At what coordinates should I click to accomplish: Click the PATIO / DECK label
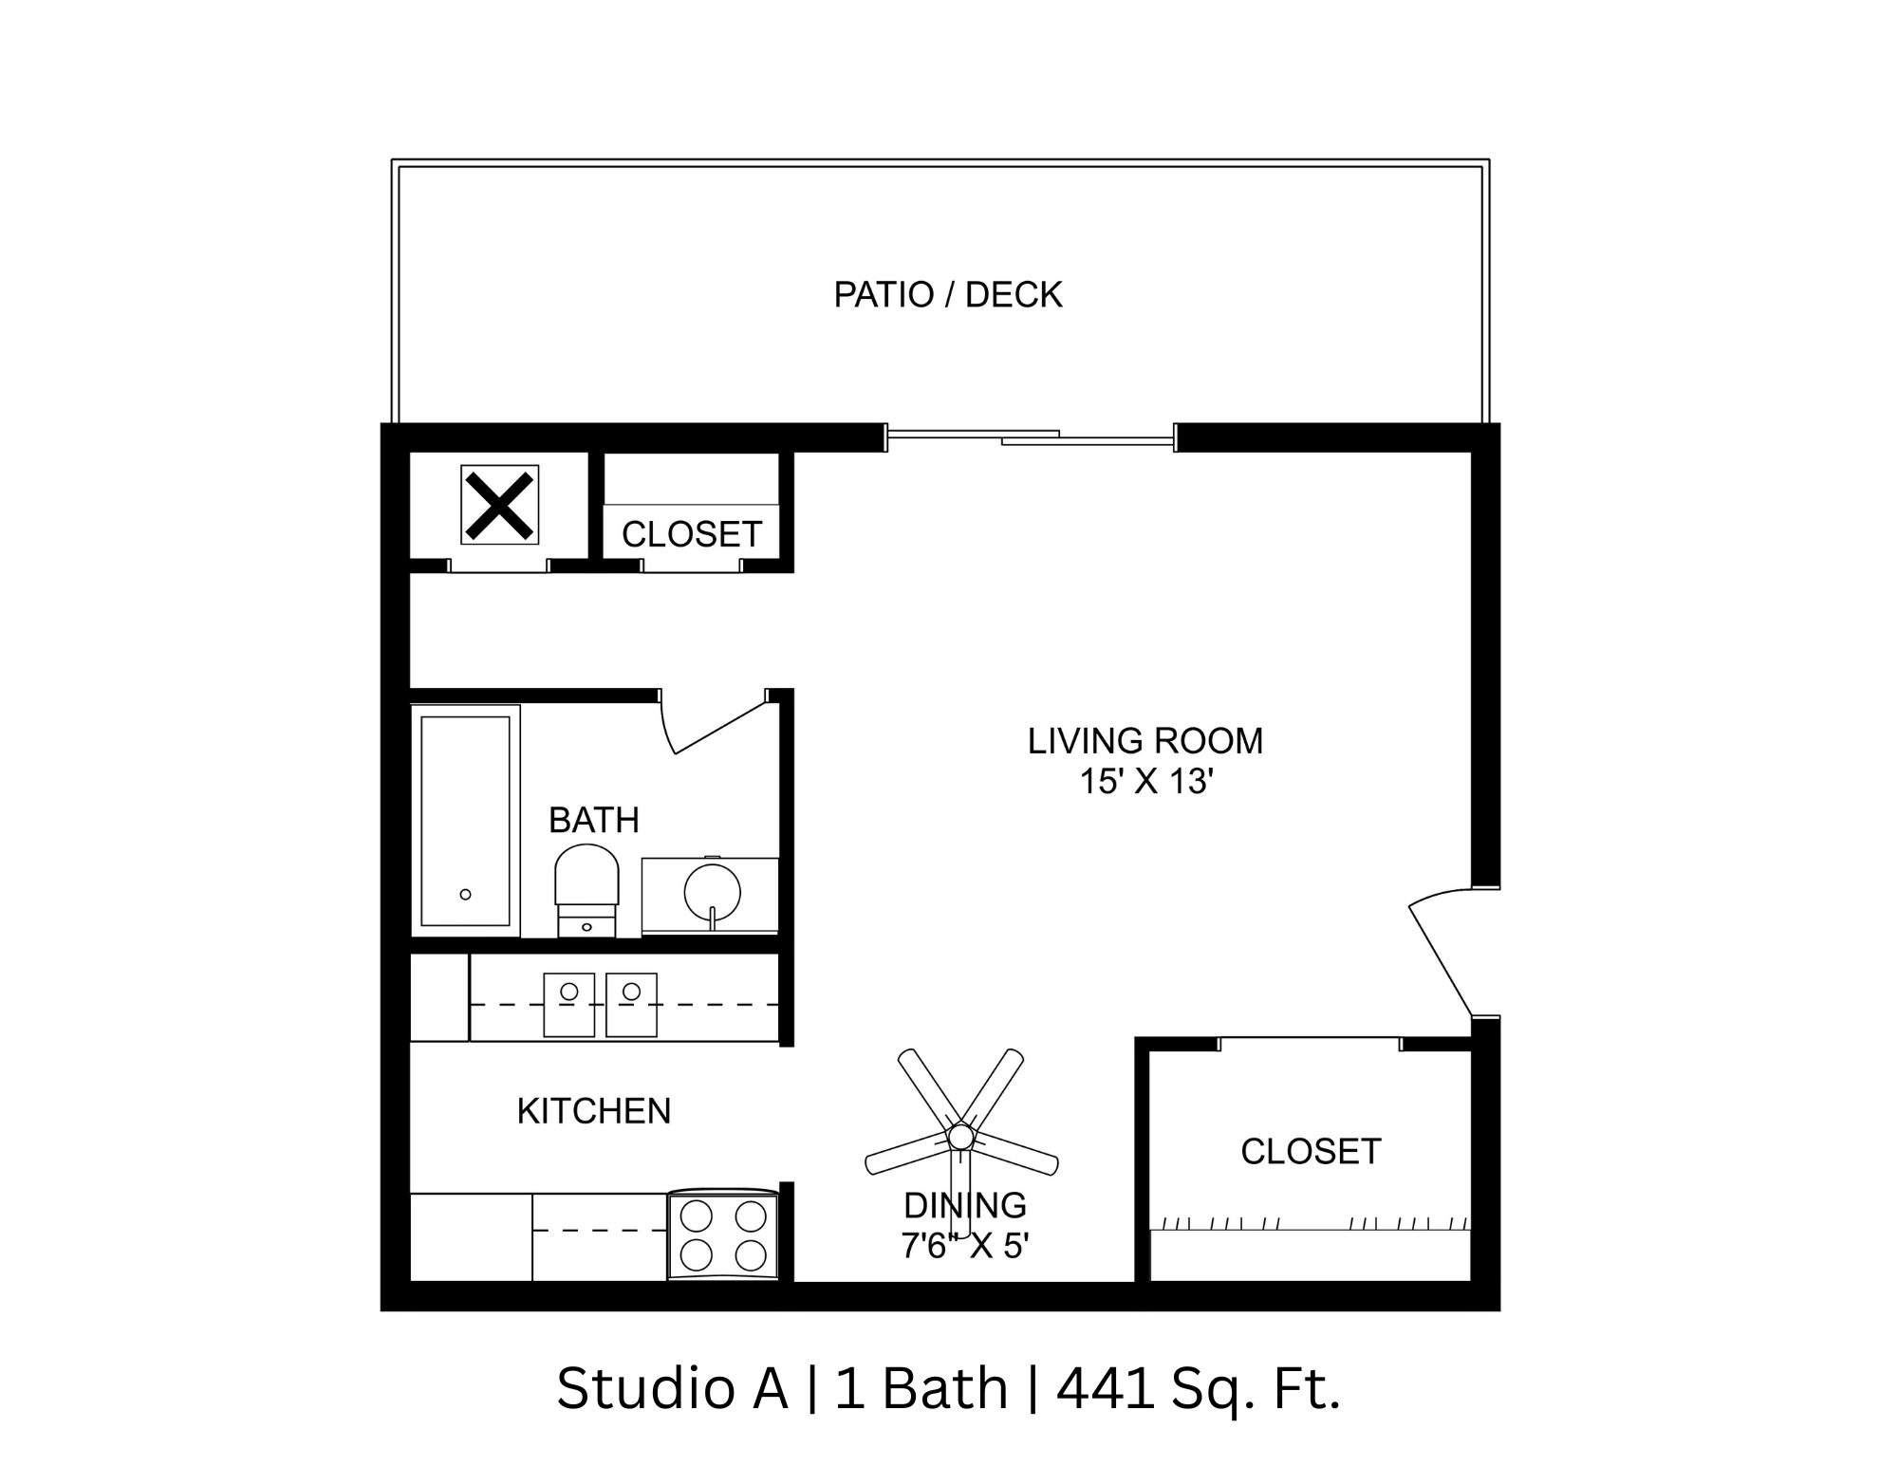click(x=947, y=295)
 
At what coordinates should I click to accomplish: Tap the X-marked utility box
click(x=499, y=504)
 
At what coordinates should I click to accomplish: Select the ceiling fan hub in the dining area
click(x=960, y=1136)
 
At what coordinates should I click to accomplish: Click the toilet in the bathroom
click(x=586, y=888)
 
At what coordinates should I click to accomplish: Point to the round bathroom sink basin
click(x=712, y=892)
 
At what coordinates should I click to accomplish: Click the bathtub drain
click(x=465, y=894)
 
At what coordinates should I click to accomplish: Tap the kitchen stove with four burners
click(x=723, y=1235)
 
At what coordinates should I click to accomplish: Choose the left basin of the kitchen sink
click(x=568, y=1004)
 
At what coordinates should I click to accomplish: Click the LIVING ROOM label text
click(x=1144, y=741)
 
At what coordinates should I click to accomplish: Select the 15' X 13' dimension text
click(x=1146, y=782)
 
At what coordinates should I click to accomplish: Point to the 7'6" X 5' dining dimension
click(x=964, y=1245)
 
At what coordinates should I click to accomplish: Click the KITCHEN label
click(x=593, y=1111)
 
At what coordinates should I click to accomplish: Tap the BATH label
click(x=593, y=820)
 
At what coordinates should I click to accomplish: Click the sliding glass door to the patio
click(x=1031, y=437)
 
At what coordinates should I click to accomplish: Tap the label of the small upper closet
click(x=691, y=535)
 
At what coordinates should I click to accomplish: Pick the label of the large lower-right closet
click(x=1310, y=1152)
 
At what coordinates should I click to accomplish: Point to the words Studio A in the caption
click(x=672, y=1388)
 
